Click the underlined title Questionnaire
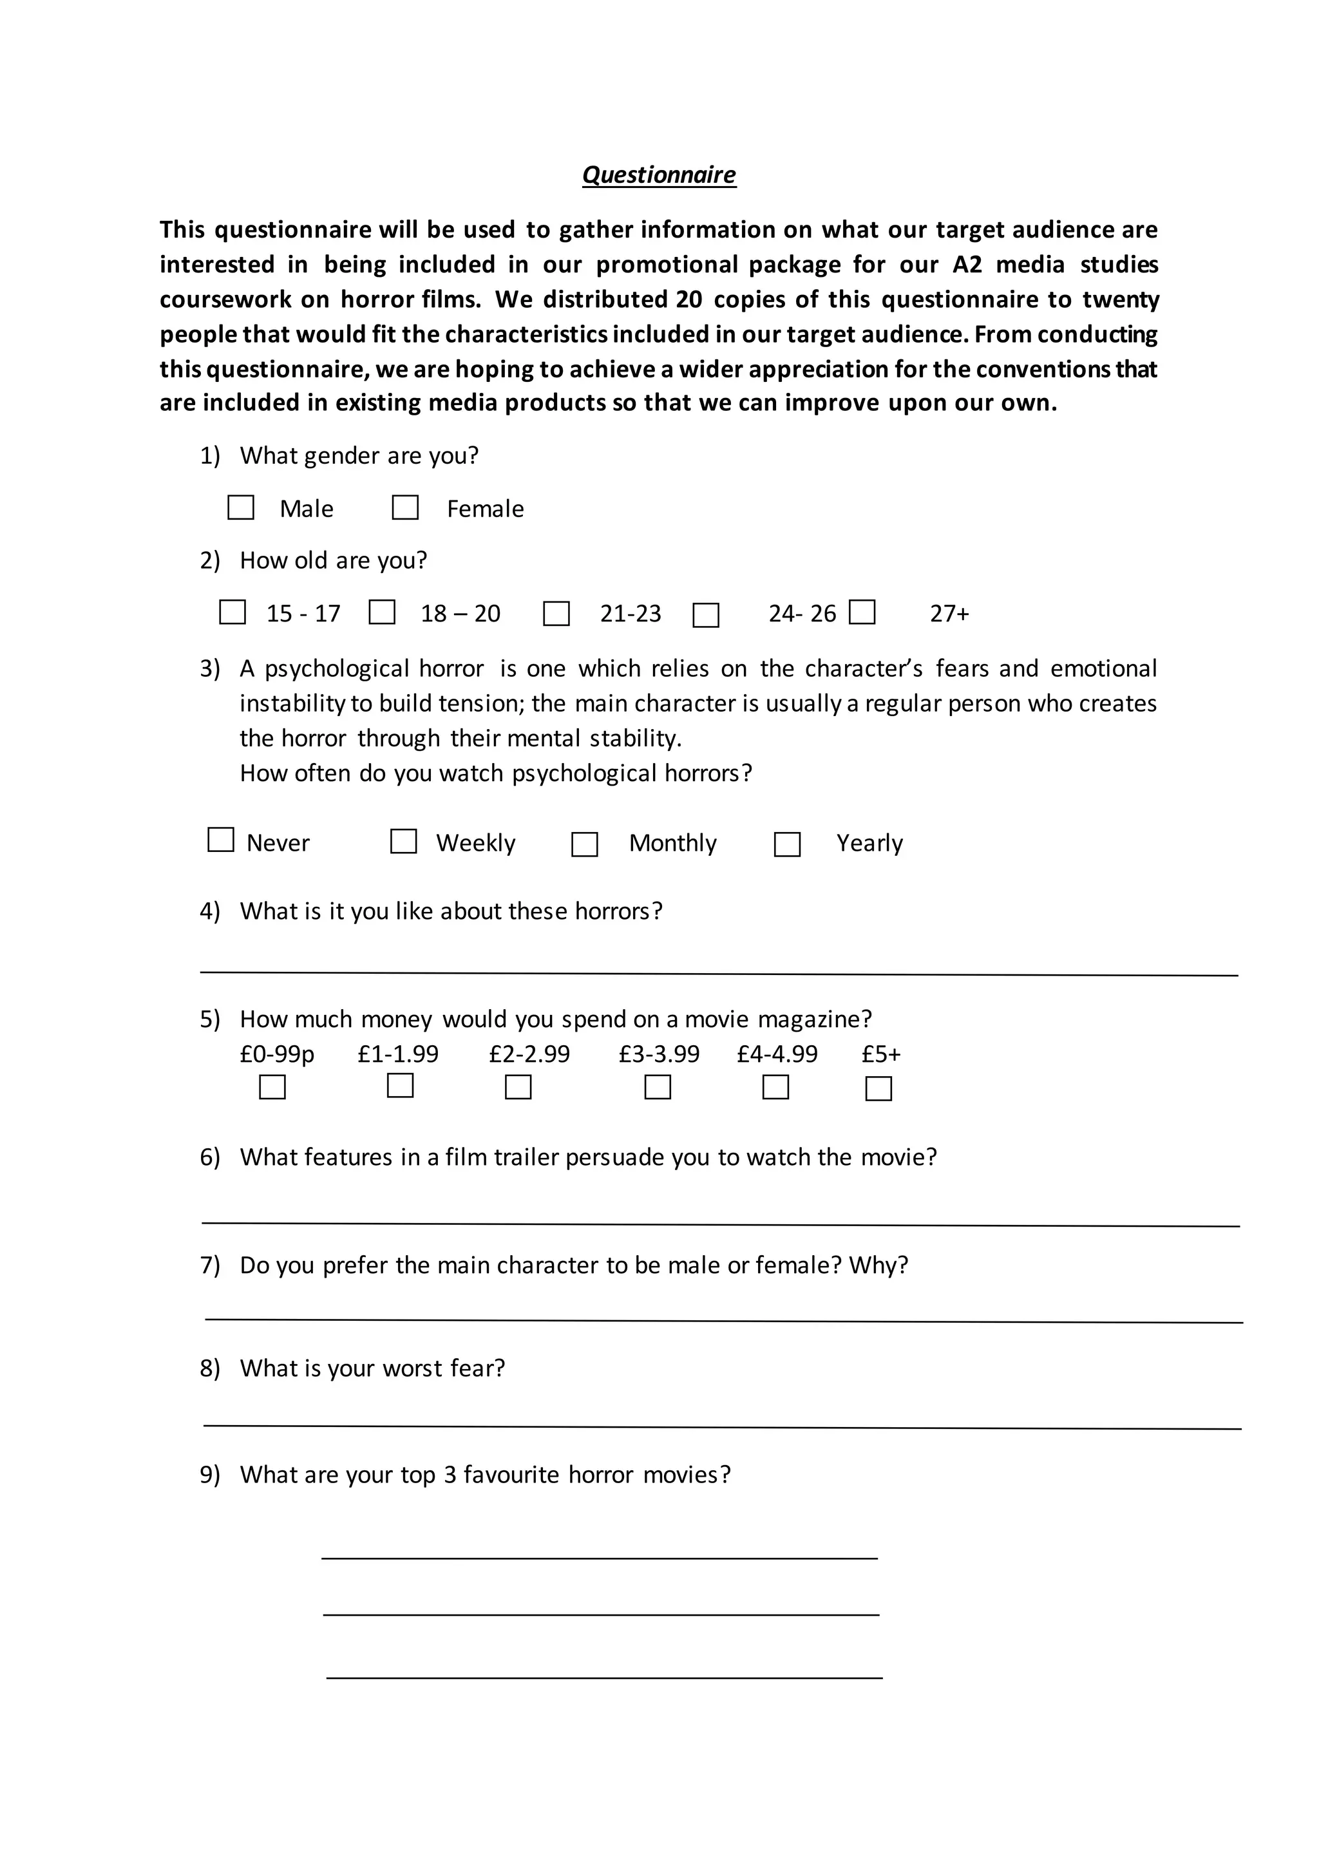[x=659, y=175]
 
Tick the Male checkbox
[x=240, y=507]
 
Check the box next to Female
[x=405, y=507]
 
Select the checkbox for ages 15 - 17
[x=232, y=612]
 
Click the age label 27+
[x=949, y=613]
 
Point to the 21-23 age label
[x=631, y=613]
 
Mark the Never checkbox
[x=221, y=840]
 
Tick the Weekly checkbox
[x=404, y=842]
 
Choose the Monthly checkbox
[x=585, y=844]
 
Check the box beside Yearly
[x=787, y=844]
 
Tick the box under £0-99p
[x=272, y=1087]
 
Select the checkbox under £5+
[x=878, y=1088]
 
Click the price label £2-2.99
[x=529, y=1054]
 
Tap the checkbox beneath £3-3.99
[x=657, y=1087]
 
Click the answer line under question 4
[x=719, y=972]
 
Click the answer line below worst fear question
[x=721, y=1426]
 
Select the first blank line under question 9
[x=600, y=1557]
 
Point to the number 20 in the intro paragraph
[x=688, y=299]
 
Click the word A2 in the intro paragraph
[x=967, y=265]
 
